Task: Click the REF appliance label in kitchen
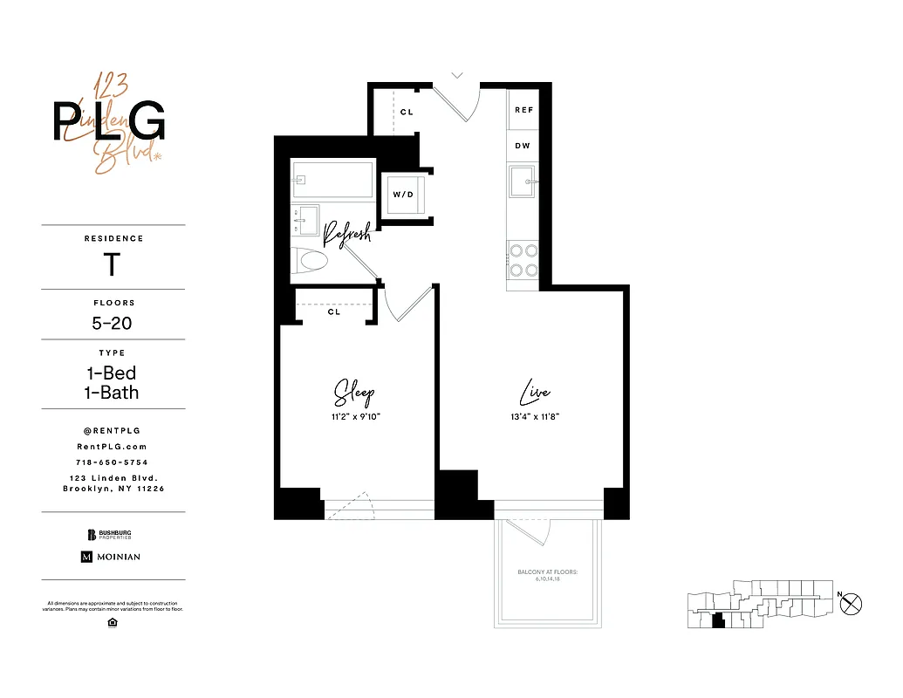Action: click(x=523, y=110)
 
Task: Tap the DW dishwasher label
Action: click(x=523, y=146)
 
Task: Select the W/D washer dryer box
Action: click(x=403, y=194)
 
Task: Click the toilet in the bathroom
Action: click(x=311, y=259)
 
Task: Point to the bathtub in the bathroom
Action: click(x=333, y=179)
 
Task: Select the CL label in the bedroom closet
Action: click(x=334, y=311)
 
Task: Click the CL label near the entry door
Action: click(x=407, y=113)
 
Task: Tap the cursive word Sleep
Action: click(x=354, y=393)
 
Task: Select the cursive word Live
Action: click(x=534, y=394)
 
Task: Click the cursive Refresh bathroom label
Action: click(x=347, y=233)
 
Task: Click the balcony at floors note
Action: click(x=548, y=575)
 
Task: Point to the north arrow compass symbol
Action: click(x=851, y=602)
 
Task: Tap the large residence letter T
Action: click(x=112, y=264)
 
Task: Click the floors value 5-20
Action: click(x=113, y=323)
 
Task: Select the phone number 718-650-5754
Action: click(x=113, y=462)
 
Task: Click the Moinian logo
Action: click(x=111, y=556)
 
